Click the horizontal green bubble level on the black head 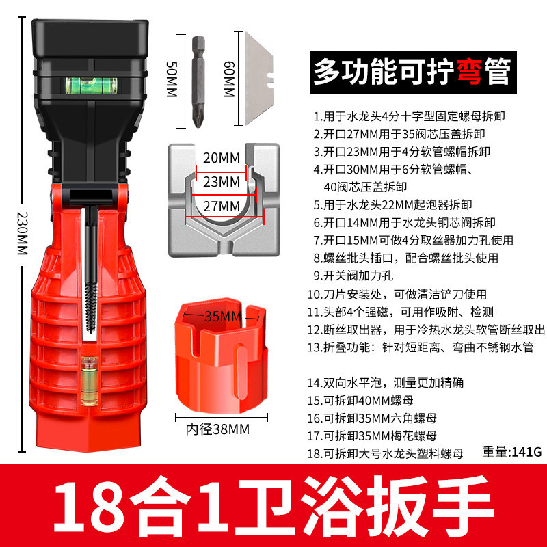coord(91,85)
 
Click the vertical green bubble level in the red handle coord(90,381)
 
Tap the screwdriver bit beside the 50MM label coord(198,81)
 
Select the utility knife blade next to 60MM coord(258,79)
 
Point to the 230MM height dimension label coord(23,233)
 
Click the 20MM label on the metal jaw coord(222,158)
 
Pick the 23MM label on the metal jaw coord(222,182)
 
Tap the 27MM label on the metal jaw coord(222,206)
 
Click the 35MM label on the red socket coord(223,317)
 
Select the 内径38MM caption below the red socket coord(217,429)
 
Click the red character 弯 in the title coord(469,72)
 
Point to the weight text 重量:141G coord(511,452)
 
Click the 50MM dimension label coord(172,79)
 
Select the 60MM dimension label coord(229,79)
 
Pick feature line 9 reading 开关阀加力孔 coord(353,276)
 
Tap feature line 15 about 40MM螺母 coord(360,400)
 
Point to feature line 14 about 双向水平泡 coord(385,382)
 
